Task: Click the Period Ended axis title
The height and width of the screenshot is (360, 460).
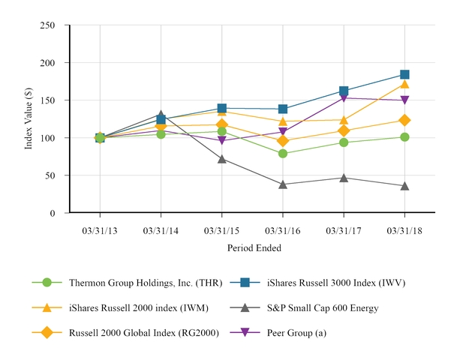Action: click(252, 247)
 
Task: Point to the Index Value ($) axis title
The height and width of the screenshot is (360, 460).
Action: click(29, 118)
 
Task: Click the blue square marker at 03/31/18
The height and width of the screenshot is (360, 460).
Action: click(404, 74)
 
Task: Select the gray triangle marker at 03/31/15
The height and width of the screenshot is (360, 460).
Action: click(222, 158)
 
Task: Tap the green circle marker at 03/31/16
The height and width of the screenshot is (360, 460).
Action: click(283, 153)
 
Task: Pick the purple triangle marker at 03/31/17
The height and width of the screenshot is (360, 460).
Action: click(344, 97)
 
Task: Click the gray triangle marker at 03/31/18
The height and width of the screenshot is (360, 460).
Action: click(404, 185)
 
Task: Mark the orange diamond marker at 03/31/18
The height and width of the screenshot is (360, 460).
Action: click(404, 120)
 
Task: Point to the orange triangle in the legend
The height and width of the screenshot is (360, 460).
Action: click(47, 307)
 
